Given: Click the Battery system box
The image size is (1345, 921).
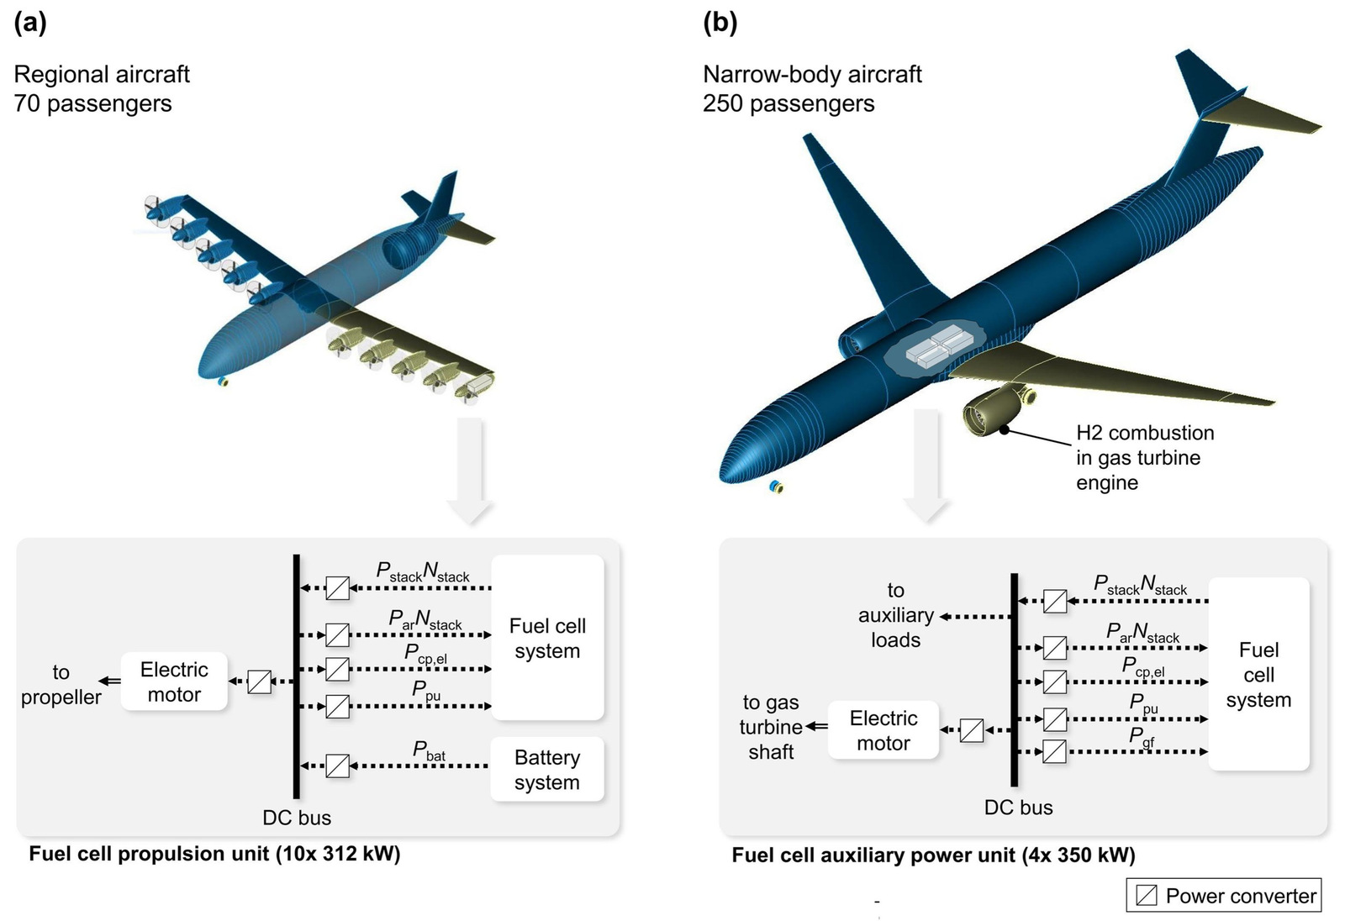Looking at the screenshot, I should click(x=546, y=769).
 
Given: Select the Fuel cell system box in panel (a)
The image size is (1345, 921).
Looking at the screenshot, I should click(x=547, y=638).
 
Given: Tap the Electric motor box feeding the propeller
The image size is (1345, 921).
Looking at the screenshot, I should click(x=174, y=682).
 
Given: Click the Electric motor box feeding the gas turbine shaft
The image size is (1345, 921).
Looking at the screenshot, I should click(x=883, y=730).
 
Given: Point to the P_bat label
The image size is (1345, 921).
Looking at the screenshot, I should click(x=429, y=750).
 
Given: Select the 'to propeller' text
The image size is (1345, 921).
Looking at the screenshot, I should click(x=61, y=684).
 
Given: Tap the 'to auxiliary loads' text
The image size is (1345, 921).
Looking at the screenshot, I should click(x=895, y=615).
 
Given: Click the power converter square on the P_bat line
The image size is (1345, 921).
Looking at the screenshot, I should click(x=337, y=766).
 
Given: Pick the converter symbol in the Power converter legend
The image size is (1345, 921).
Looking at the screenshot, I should click(x=1146, y=895).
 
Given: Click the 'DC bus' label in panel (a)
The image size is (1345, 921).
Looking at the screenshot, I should click(x=297, y=818).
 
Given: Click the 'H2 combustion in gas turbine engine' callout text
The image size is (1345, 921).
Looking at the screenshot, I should click(x=1144, y=457).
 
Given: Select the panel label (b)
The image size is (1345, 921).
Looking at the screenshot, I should click(x=720, y=23).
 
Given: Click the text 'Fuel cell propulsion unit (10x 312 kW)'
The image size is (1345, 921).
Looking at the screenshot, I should click(x=214, y=854).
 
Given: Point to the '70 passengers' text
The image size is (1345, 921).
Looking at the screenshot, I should click(x=92, y=103).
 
